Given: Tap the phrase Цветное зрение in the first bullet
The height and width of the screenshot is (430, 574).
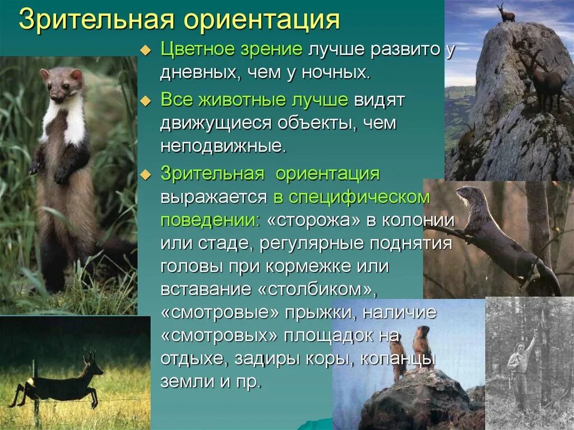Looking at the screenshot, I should (x=232, y=49).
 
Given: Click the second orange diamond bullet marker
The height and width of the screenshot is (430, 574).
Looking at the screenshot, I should (x=145, y=102).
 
